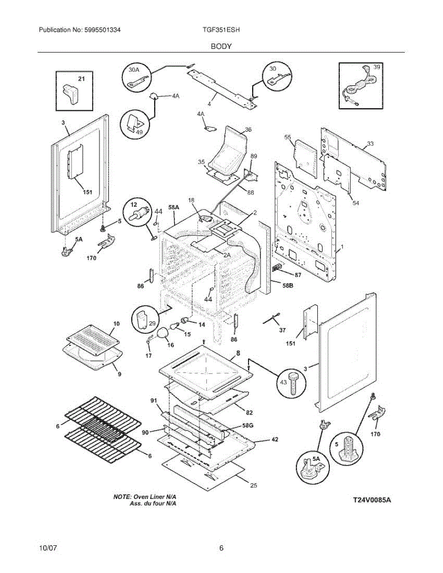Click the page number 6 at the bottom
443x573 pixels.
click(221, 548)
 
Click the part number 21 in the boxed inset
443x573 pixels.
click(81, 79)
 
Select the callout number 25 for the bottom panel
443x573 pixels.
click(253, 486)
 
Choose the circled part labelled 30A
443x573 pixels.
click(136, 77)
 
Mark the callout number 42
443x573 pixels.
click(275, 439)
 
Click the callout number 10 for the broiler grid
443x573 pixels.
click(117, 324)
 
